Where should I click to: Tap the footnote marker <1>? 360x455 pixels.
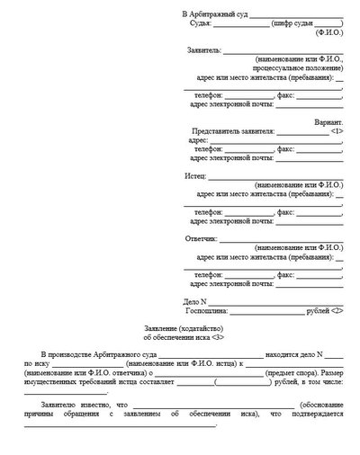tap(336, 131)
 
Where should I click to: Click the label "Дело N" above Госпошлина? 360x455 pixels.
tap(195, 299)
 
